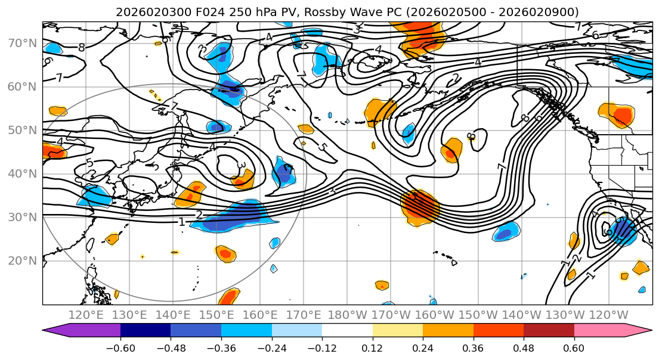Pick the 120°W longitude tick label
pos(609,315)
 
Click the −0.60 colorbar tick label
pos(120,347)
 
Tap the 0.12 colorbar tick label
pos(373,347)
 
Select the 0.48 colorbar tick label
pos(524,347)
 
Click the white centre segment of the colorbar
pos(347,331)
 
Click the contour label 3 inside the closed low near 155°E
pos(242,165)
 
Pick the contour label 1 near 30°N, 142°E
pos(182,222)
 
